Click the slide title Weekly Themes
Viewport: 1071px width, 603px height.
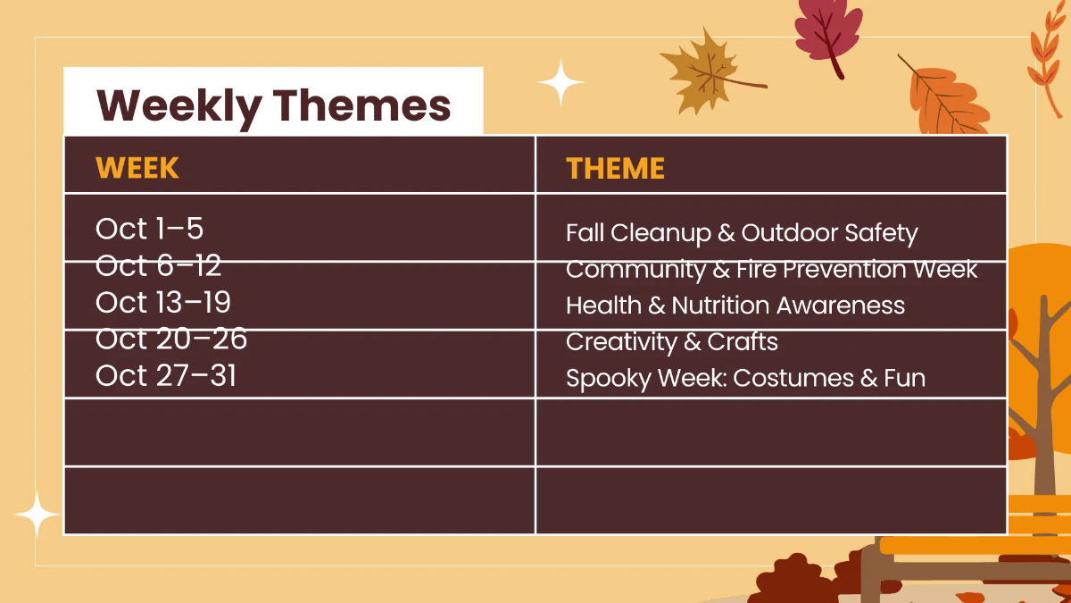click(x=273, y=105)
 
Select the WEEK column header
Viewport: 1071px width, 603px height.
click(x=137, y=168)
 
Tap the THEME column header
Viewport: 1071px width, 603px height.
click(x=615, y=168)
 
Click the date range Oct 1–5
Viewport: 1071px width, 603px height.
click(x=149, y=229)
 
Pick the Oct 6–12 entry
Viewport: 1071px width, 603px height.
click(x=158, y=265)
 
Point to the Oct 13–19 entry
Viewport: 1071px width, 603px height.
click(x=162, y=302)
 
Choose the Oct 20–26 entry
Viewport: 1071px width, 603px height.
click(x=170, y=339)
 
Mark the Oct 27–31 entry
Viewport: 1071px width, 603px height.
click(x=166, y=375)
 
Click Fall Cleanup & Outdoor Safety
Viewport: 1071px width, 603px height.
click(x=741, y=233)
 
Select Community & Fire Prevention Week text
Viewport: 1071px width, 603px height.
click(x=771, y=269)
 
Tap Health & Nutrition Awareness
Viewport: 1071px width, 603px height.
click(x=735, y=306)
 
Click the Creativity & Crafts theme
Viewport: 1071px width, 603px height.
click(x=671, y=341)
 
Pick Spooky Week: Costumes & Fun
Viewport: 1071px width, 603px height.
click(x=745, y=378)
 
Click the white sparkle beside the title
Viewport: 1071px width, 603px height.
click(x=560, y=83)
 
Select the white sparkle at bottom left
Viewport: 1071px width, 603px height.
click(x=37, y=515)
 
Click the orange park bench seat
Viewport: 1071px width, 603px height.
click(x=973, y=546)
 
